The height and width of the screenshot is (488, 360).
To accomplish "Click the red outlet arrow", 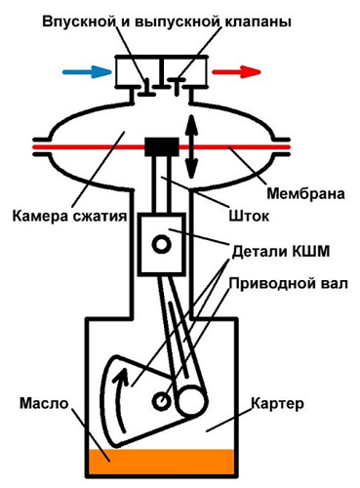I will tap(239, 71).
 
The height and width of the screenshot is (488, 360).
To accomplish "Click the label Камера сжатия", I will tap(65, 216).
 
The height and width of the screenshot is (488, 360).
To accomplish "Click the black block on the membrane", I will tap(158, 147).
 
